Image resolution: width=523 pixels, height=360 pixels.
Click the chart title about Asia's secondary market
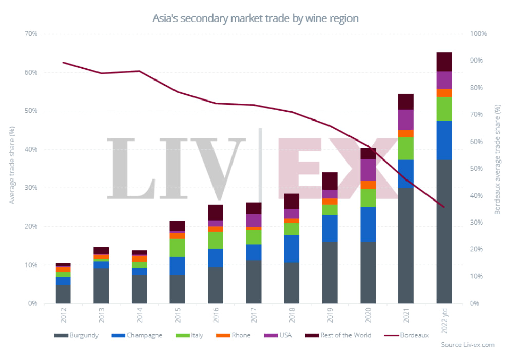(x=256, y=18)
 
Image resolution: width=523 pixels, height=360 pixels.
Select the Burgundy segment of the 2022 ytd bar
(x=444, y=231)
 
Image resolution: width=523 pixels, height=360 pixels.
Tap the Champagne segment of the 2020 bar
(x=368, y=224)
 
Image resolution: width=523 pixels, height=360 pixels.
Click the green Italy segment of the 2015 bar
(x=177, y=248)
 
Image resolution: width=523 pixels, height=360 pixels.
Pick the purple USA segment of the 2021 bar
(x=406, y=119)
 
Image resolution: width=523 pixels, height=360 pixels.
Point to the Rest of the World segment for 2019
(x=330, y=181)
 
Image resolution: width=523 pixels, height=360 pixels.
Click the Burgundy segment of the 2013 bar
(x=101, y=286)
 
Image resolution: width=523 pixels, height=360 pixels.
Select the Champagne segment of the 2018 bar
(x=292, y=248)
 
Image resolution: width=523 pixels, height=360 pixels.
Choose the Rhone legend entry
(x=235, y=335)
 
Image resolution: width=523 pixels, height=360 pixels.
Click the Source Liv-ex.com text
(x=468, y=345)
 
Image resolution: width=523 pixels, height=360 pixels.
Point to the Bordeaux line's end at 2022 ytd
(x=444, y=207)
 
